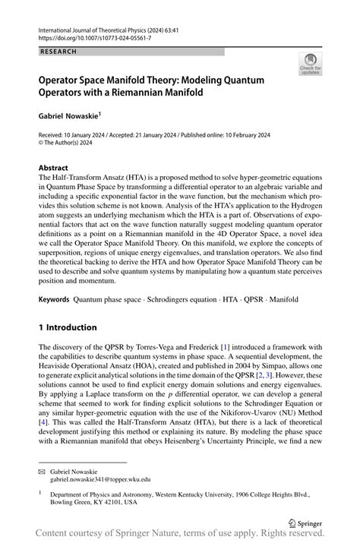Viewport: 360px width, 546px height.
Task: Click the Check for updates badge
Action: pos(311,65)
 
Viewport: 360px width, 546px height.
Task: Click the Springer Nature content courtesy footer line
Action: pos(180,536)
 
